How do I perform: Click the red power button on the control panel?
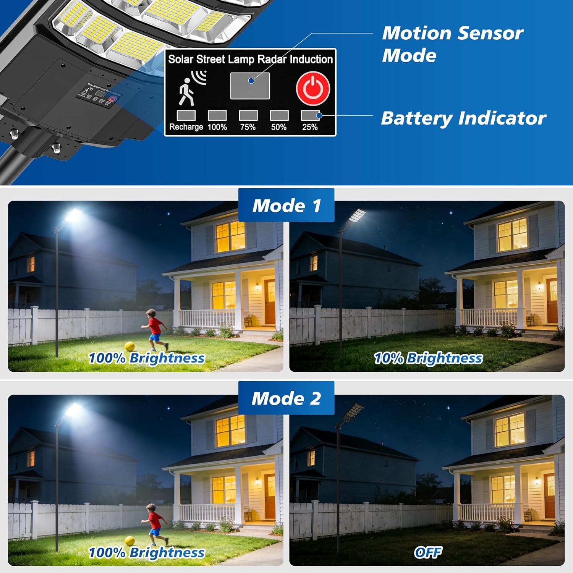(313, 88)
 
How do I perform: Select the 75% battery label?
(248, 127)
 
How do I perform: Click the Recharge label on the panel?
(186, 127)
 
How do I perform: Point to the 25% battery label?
(310, 127)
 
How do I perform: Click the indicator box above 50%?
(279, 115)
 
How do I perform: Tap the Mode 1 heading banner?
(286, 206)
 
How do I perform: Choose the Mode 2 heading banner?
(286, 398)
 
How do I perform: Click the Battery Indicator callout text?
(464, 118)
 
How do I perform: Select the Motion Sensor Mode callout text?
(453, 44)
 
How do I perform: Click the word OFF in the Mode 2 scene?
(428, 552)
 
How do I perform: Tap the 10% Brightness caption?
(428, 358)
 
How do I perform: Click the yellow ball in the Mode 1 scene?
(130, 346)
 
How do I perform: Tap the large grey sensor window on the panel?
(250, 86)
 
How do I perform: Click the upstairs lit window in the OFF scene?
(510, 430)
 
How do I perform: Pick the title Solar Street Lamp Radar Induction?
(251, 59)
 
